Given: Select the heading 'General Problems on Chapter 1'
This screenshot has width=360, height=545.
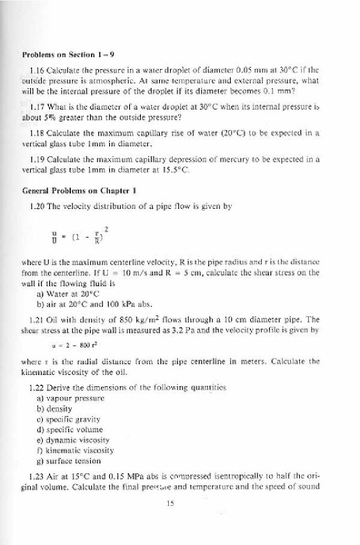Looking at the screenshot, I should pyautogui.click(x=87, y=191).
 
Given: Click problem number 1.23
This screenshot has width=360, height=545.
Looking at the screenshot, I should pyautogui.click(x=39, y=476).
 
